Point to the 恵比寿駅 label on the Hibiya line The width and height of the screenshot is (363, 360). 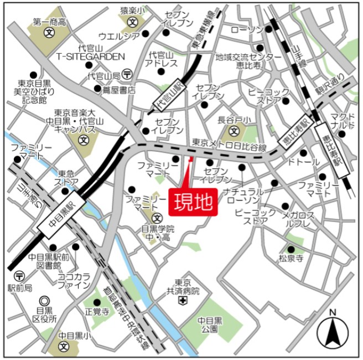(295, 133)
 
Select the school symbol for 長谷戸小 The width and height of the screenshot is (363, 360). (234, 131)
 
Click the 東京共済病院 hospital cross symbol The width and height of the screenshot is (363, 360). (183, 301)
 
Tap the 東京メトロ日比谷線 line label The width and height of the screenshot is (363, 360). (229, 144)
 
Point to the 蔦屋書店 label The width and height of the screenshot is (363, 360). (115, 89)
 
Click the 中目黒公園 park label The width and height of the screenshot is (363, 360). (210, 324)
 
